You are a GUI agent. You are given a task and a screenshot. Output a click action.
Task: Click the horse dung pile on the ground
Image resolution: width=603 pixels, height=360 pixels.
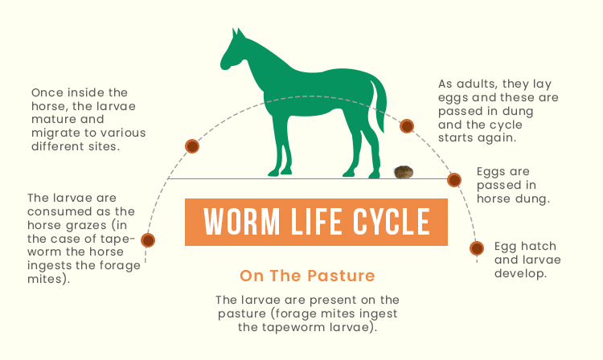(x=404, y=172)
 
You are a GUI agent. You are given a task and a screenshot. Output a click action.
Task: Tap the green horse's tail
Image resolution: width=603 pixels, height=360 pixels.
(x=379, y=104)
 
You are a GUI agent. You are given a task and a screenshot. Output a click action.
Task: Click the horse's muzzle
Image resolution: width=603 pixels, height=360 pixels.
(x=225, y=64)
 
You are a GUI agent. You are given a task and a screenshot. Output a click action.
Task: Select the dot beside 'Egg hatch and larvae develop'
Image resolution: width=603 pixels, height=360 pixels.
(x=477, y=248)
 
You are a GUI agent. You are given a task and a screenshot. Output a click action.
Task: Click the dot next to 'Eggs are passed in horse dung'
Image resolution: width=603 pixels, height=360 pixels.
(x=454, y=180)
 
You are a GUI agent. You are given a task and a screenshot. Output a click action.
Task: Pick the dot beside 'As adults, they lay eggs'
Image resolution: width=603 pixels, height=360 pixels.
(x=407, y=126)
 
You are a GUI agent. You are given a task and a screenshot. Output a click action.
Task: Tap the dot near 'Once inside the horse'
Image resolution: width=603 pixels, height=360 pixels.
(x=192, y=146)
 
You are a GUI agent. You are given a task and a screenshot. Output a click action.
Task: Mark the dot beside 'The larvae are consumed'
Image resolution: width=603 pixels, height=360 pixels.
(x=148, y=240)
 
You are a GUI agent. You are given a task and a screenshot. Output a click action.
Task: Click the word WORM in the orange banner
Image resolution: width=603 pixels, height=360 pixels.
(x=241, y=222)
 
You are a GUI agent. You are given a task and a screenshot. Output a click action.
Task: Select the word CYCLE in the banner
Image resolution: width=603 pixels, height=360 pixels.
(x=392, y=222)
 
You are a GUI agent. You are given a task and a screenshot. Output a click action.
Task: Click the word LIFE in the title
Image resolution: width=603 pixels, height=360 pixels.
(x=316, y=222)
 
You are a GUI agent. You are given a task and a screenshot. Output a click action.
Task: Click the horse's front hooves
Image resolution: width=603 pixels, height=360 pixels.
(x=280, y=172)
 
